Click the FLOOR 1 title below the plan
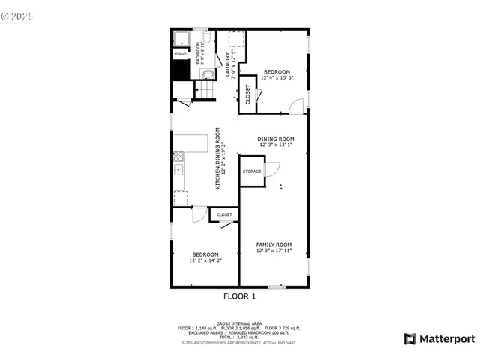click(x=240, y=296)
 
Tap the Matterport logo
click(x=439, y=338)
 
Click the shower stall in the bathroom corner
click(x=181, y=39)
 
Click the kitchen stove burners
click(x=178, y=157)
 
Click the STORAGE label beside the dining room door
click(x=252, y=172)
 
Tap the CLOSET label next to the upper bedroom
click(x=248, y=93)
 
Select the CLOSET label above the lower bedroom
click(x=224, y=215)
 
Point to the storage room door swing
click(x=271, y=169)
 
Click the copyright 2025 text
click(x=18, y=13)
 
